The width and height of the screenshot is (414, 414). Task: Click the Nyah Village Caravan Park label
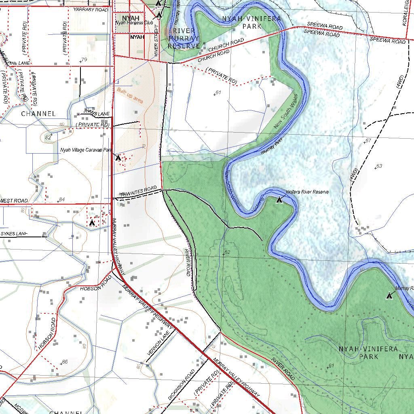pos(86,150)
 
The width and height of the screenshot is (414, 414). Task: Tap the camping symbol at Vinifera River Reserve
pos(279,199)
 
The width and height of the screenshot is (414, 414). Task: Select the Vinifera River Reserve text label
pos(307,192)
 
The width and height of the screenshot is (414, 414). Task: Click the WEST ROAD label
pos(14,201)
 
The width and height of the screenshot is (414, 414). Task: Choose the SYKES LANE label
pos(14,234)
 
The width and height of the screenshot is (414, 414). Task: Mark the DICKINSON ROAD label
pos(182,384)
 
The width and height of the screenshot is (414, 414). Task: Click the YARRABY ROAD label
pos(91,9)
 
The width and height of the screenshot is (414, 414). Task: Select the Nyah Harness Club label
pos(134,23)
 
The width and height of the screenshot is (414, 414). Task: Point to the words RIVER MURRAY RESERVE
pos(184,38)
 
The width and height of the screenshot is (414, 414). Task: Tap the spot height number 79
pos(84,60)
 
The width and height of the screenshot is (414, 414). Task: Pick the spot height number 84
pos(61,200)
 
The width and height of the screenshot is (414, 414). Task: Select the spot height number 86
pos(64,362)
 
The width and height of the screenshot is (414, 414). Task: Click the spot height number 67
pos(368,141)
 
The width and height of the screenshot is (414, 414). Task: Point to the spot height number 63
pos(379,166)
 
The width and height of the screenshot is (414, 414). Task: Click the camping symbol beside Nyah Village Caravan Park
pos(118,157)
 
